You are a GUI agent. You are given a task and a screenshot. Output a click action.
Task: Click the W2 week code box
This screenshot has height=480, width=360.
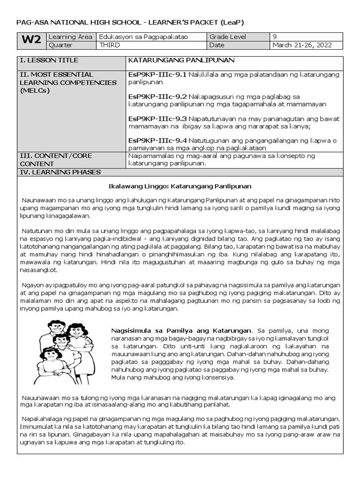click(31, 41)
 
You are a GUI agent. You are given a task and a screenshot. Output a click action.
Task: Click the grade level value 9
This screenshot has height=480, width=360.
click(275, 37)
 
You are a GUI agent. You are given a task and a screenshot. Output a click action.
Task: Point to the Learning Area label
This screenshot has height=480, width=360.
click(70, 37)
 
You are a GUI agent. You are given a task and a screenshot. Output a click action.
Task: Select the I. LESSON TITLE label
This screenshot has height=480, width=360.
click(48, 60)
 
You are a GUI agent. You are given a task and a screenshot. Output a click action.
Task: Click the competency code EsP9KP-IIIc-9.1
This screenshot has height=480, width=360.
click(157, 74)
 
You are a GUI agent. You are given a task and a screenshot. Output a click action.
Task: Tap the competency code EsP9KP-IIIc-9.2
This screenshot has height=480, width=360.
click(157, 96)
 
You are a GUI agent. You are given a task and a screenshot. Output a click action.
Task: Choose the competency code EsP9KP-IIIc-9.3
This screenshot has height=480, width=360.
click(157, 118)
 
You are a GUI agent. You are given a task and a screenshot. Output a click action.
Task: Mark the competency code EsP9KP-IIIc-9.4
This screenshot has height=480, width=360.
click(157, 140)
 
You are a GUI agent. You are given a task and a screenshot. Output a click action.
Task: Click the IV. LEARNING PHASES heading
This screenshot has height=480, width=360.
click(60, 172)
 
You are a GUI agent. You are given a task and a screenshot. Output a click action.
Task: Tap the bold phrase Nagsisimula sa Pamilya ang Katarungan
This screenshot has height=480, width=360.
click(181, 330)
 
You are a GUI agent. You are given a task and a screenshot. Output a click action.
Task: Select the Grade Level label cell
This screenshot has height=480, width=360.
click(227, 37)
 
